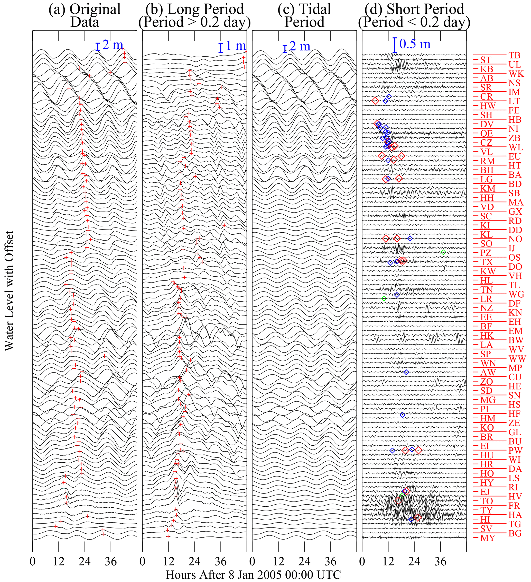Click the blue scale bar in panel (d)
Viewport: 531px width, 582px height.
point(395,45)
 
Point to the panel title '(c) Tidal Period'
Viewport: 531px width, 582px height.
point(304,16)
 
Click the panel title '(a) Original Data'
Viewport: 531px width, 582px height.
point(85,16)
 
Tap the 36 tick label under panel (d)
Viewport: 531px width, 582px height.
point(441,561)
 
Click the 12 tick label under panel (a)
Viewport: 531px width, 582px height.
point(59,561)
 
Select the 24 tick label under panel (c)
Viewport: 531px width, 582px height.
point(304,561)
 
